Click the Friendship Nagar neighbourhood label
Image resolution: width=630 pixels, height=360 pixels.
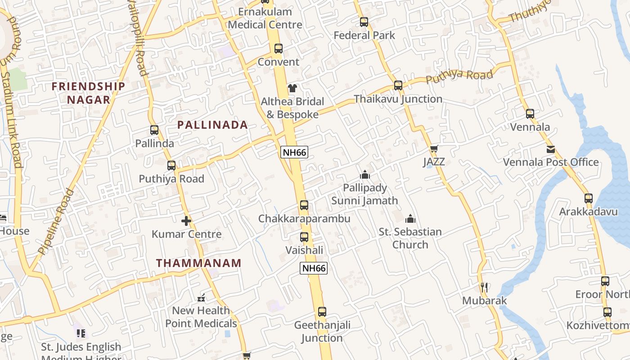88,93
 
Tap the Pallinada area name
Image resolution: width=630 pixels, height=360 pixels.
212,125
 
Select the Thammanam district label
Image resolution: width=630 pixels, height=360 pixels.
199,263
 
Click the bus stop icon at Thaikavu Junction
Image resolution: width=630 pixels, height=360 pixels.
398,85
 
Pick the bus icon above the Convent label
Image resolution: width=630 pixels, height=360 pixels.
279,49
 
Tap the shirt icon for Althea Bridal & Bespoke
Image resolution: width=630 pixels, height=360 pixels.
292,88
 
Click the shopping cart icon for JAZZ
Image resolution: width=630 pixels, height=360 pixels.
434,149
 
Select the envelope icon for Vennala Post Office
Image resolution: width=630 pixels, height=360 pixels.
551,149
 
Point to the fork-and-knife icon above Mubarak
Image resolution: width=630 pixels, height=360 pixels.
484,287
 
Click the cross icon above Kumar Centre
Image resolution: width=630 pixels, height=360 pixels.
186,221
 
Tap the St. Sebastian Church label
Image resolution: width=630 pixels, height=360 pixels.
410,238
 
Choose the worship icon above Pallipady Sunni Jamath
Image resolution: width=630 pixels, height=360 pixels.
364,175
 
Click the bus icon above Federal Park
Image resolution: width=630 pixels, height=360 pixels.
364,22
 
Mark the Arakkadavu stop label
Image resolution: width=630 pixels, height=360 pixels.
589,211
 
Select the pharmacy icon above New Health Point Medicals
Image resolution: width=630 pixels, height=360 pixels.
201,297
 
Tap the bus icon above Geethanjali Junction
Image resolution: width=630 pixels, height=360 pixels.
322,311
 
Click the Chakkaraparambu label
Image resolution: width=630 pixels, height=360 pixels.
304,219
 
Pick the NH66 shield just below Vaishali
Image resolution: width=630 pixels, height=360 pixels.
314,268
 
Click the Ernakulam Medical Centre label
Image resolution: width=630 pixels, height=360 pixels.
265,18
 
